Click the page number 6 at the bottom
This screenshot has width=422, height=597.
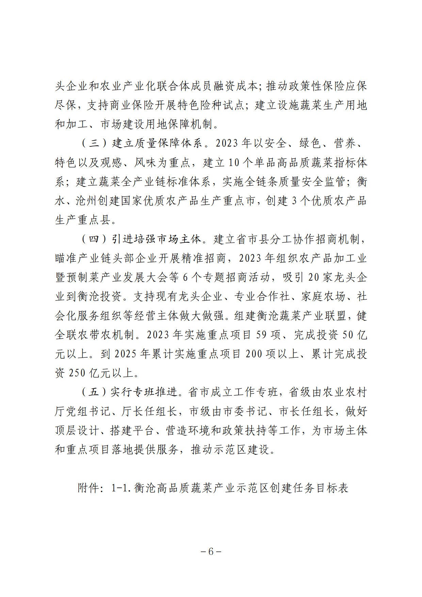(211, 552)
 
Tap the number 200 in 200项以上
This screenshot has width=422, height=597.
(253, 354)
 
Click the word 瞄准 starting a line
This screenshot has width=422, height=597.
(66, 259)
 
